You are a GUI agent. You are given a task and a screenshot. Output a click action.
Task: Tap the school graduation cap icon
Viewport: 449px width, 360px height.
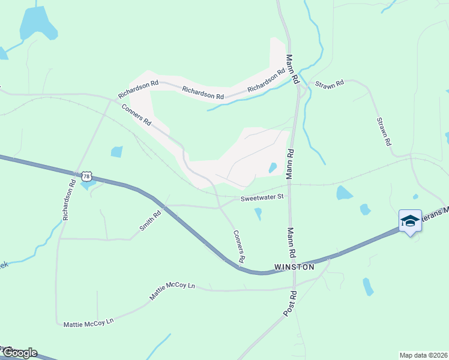[410, 221]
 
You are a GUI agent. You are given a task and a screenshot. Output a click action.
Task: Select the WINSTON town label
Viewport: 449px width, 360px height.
[294, 266]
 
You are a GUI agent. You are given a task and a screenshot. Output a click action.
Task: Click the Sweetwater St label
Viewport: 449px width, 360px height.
[262, 197]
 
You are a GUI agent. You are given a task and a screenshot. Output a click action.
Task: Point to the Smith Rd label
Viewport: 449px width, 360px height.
[151, 221]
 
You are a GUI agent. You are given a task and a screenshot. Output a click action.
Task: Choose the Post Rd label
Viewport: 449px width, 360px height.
[290, 304]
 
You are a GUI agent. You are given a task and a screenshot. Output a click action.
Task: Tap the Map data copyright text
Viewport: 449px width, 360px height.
[424, 355]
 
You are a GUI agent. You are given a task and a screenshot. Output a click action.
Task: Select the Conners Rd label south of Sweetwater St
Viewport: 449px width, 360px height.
[239, 247]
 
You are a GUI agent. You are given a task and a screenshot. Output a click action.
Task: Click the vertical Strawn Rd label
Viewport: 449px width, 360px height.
[384, 131]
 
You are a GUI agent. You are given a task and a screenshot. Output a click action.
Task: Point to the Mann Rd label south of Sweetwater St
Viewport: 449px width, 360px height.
[291, 241]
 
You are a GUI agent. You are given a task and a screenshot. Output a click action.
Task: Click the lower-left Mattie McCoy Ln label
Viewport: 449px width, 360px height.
[88, 323]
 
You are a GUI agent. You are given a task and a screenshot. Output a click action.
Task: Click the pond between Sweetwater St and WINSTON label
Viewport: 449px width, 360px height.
[258, 213]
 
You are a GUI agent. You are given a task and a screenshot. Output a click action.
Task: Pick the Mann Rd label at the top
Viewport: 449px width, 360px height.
[292, 68]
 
